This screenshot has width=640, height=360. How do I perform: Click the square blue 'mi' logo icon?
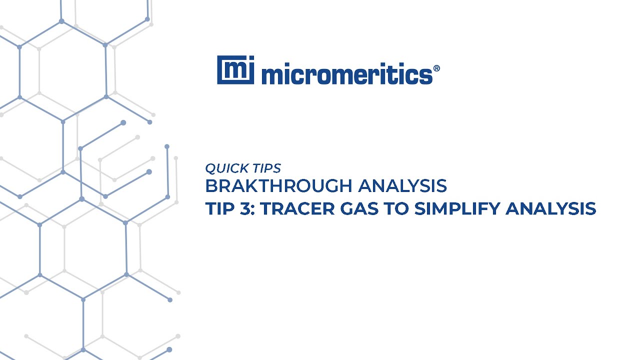coord(235,70)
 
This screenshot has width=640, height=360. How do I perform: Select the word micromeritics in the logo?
coord(346,74)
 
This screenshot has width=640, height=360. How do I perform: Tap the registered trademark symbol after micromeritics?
coord(436,68)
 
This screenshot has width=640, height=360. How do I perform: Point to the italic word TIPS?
coord(267,168)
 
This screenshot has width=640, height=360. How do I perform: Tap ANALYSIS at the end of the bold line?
coord(550,208)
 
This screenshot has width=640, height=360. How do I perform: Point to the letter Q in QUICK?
coord(210,168)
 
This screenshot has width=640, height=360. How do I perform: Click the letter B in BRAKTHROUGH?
coord(210,186)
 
